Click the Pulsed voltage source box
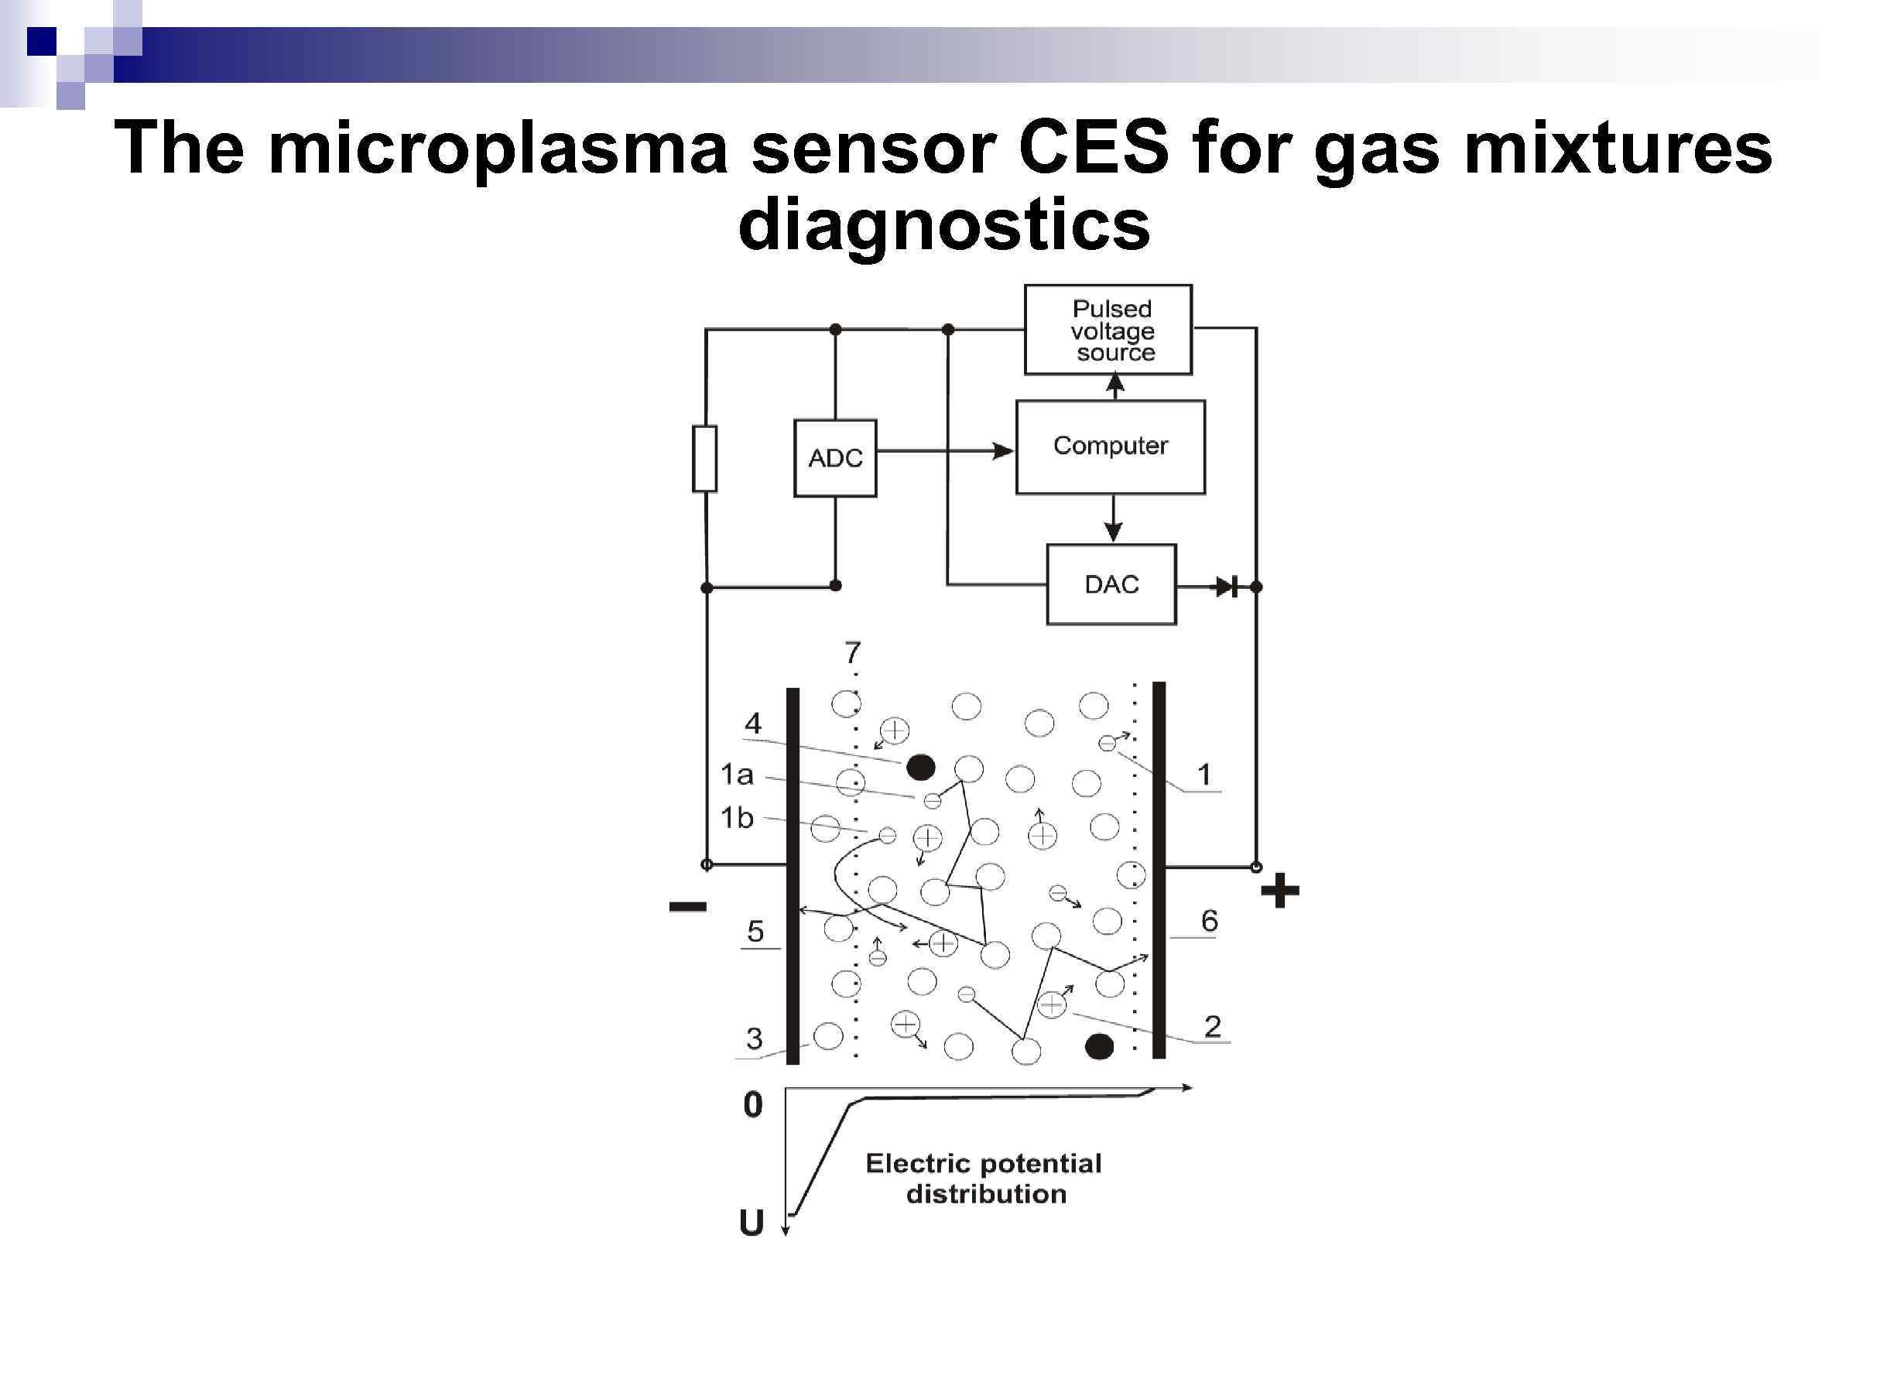(1108, 330)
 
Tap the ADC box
(835, 458)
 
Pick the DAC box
(1111, 584)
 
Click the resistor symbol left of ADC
(704, 458)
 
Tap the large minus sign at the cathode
(688, 906)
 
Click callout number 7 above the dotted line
(852, 652)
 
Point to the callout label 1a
(736, 775)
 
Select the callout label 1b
(736, 818)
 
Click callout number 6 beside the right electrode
(1209, 921)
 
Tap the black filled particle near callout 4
(920, 766)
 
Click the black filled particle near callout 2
(1098, 1046)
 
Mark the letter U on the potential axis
(752, 1223)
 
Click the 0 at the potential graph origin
(752, 1104)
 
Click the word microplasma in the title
(498, 149)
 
